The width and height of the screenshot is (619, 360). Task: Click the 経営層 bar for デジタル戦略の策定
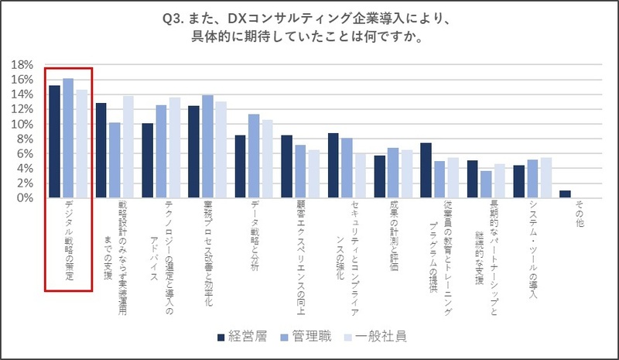click(x=54, y=142)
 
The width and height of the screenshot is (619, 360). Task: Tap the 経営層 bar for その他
click(x=565, y=194)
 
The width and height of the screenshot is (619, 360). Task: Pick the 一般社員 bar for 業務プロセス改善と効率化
click(x=221, y=149)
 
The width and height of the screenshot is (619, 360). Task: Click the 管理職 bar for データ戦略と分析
click(x=253, y=156)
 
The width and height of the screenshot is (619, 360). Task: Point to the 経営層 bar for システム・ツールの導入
click(x=519, y=181)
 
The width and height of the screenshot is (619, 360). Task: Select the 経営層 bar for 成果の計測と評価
click(x=380, y=177)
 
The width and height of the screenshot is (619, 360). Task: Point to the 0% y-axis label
click(x=25, y=197)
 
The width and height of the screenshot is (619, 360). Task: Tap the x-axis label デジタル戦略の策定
click(x=70, y=242)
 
